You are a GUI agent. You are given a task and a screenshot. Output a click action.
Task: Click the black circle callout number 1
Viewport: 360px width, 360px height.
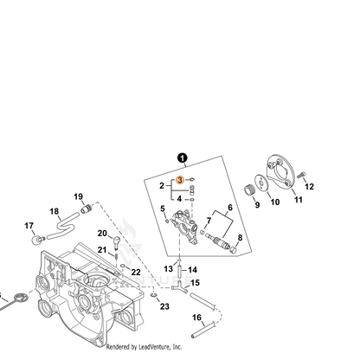(183, 158)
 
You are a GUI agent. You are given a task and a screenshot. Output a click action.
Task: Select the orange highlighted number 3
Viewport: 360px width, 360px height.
(180, 180)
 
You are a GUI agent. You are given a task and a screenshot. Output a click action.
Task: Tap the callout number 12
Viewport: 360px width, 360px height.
(309, 187)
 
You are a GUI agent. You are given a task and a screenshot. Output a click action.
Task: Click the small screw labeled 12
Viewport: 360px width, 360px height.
(301, 175)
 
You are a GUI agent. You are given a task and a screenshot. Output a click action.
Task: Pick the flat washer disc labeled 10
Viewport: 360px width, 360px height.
(261, 183)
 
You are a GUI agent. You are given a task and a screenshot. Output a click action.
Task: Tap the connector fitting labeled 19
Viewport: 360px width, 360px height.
(87, 209)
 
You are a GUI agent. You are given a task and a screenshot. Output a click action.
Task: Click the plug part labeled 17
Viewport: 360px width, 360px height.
(38, 240)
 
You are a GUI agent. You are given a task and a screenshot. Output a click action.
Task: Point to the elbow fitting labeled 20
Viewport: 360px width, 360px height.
(117, 241)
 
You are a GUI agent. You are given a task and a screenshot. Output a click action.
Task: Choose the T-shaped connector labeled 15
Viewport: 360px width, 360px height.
(179, 287)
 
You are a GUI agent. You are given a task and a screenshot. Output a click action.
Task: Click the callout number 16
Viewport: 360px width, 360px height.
(196, 318)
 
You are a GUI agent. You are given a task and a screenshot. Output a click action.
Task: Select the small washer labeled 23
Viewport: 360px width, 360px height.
(153, 295)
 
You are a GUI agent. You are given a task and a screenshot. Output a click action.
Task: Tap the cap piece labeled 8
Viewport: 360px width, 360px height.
(234, 249)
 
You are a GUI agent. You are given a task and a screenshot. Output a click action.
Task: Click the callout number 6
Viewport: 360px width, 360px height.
(230, 208)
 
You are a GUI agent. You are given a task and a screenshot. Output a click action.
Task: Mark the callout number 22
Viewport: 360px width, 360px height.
(136, 272)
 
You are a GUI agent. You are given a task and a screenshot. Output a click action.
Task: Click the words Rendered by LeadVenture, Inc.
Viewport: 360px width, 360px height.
(144, 347)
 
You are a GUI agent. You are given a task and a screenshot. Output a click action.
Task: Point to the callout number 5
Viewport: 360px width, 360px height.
(163, 209)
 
